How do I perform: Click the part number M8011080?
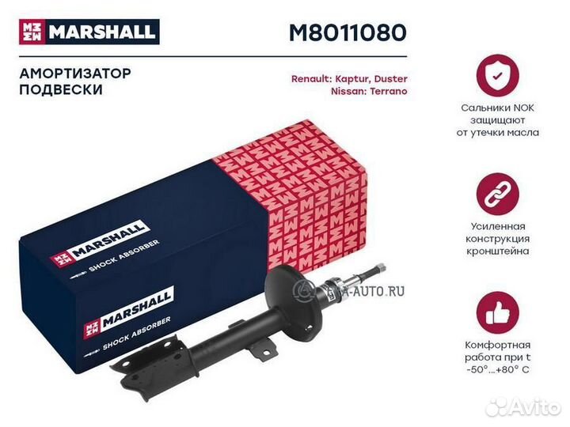point(348,32)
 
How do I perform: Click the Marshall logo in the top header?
point(89,32)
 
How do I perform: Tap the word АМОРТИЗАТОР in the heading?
point(75,74)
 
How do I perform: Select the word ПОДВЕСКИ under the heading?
point(61,89)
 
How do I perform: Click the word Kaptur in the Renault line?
point(352,79)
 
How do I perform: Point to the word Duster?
point(391,79)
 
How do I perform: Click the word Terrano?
point(388,91)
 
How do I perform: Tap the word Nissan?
point(348,91)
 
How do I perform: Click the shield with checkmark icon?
point(498,76)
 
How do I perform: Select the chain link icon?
point(498,195)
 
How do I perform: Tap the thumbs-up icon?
point(498,313)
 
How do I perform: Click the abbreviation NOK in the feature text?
point(523,108)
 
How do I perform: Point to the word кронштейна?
point(498,251)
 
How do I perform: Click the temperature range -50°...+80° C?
point(498,370)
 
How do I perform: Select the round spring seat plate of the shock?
point(294,298)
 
